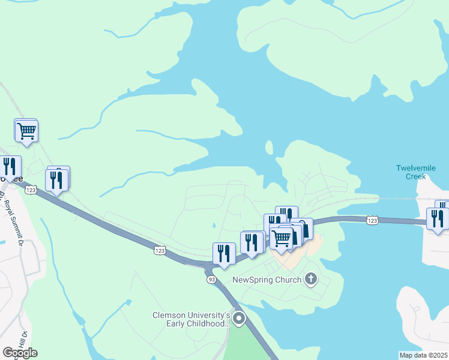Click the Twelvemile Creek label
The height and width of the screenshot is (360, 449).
coord(411,172)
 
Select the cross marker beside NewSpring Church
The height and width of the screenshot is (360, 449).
coord(311,278)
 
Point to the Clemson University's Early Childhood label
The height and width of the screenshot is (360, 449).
coord(191,319)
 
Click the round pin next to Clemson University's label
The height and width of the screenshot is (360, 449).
coord(239,319)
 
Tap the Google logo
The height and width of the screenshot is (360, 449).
coord(20,353)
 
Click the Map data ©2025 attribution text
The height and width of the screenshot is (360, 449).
coord(423,355)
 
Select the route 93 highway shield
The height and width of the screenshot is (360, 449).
coord(211,280)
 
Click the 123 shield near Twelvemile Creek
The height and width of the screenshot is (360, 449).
coord(373,220)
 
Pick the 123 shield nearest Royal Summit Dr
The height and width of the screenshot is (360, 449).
coord(31,190)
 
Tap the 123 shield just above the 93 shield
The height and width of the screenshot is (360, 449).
coord(159,248)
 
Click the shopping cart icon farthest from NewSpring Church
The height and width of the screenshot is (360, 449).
coord(26,130)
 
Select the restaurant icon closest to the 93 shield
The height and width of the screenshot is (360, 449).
coord(224,254)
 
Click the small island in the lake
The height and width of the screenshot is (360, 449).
coord(269,148)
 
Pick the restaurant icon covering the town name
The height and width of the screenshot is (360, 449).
coord(10,166)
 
